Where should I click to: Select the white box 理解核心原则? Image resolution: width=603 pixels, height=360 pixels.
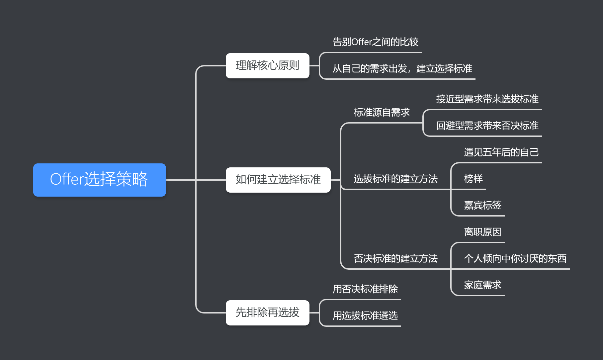[267, 66]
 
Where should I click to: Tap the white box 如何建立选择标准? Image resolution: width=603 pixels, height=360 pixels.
[278, 180]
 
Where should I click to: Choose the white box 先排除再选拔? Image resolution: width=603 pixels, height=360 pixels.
[267, 313]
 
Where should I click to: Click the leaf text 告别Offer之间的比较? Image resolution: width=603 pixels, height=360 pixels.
[375, 42]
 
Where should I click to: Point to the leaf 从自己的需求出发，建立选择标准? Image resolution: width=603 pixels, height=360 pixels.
[402, 68]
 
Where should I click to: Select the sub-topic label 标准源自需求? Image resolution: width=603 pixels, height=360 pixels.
[382, 112]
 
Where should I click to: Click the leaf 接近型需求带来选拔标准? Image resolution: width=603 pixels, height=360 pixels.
[487, 99]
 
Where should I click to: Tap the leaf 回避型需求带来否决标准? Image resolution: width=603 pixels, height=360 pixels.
[487, 126]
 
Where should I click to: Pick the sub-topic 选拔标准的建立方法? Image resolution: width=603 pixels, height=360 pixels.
[395, 179]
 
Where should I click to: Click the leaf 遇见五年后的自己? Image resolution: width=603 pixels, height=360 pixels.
[501, 152]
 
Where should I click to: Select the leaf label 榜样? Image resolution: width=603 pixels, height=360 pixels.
[473, 179]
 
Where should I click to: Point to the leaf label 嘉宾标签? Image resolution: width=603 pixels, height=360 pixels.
[482, 205]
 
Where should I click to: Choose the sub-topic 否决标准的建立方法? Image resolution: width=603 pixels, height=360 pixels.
[395, 258]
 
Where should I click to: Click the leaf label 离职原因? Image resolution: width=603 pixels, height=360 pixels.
[482, 232]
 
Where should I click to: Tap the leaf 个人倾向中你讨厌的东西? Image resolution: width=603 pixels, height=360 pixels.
[515, 258]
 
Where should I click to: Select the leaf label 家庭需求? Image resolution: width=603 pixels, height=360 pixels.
[482, 285]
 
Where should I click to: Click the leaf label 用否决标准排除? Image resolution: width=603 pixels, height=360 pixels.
[365, 289]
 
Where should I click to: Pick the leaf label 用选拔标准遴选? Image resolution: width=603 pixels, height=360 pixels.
[365, 315]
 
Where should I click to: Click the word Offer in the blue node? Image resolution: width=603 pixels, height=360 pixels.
[67, 179]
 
